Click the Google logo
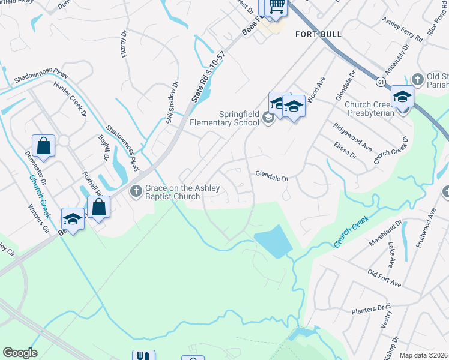point(20,353)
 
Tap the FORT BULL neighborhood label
point(313,34)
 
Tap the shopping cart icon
point(276,6)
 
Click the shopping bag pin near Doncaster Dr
point(44,145)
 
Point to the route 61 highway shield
point(381,80)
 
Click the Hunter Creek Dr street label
point(70,97)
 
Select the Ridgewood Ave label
point(353,137)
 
